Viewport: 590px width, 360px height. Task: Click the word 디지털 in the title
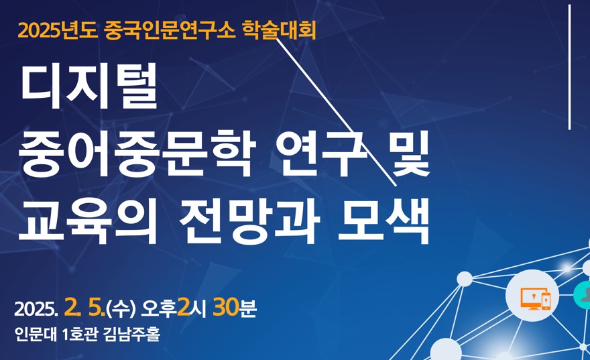click(x=89, y=88)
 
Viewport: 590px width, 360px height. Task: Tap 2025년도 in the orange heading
click(x=58, y=31)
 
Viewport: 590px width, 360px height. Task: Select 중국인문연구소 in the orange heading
click(x=170, y=31)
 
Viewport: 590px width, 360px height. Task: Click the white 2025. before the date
click(x=36, y=309)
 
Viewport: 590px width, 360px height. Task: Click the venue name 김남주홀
click(x=131, y=334)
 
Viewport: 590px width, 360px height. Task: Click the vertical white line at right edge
click(x=570, y=67)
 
